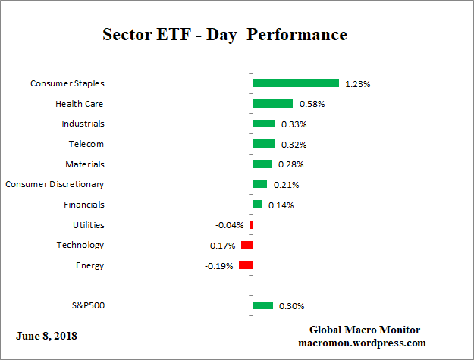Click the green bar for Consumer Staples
(x=295, y=83)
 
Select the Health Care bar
(x=272, y=104)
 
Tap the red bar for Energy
(x=245, y=265)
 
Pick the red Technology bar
(x=246, y=245)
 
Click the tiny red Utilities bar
(x=250, y=225)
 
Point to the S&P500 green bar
(x=262, y=305)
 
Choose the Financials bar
(x=257, y=205)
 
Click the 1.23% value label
(x=357, y=84)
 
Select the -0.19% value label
(x=220, y=266)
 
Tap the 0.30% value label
(x=291, y=306)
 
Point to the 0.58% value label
(x=311, y=104)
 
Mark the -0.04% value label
(x=230, y=225)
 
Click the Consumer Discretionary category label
(x=55, y=184)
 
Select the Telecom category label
(x=86, y=144)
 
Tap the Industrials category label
(x=83, y=124)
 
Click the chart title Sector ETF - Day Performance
(x=224, y=35)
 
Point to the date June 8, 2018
(x=46, y=335)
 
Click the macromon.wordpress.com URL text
(x=365, y=343)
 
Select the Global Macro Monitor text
(x=365, y=330)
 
